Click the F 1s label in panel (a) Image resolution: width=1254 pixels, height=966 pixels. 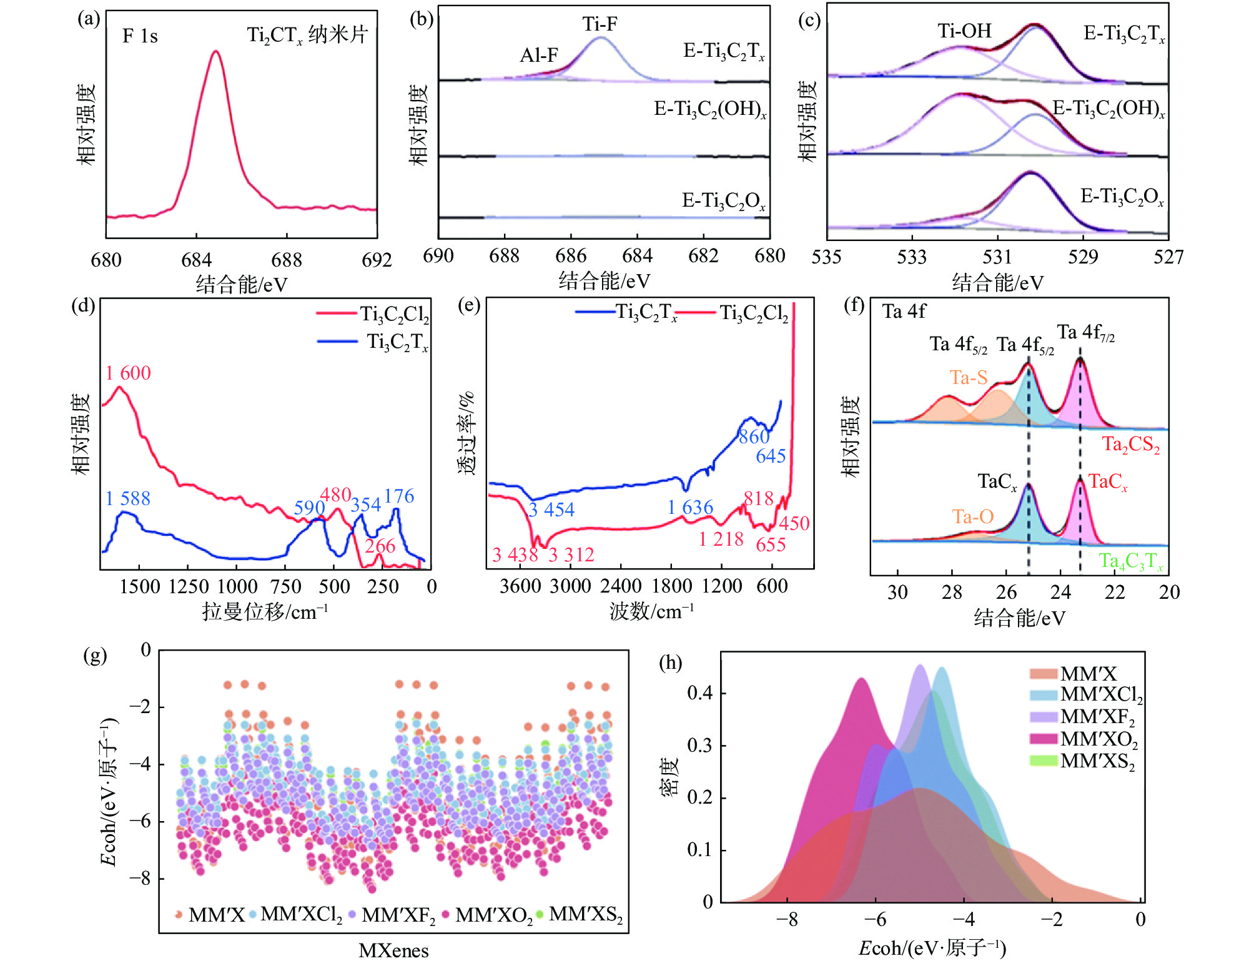[x=140, y=36]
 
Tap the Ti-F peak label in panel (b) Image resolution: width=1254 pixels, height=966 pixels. [x=600, y=24]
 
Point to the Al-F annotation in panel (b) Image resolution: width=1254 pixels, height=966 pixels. [x=539, y=56]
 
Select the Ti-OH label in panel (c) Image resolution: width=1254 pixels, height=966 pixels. [x=964, y=31]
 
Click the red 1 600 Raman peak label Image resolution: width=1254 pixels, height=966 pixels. [x=128, y=373]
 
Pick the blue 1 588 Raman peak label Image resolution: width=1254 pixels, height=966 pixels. [x=127, y=498]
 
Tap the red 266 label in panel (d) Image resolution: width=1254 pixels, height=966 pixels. [x=380, y=546]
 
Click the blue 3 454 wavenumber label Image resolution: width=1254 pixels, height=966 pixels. [x=551, y=510]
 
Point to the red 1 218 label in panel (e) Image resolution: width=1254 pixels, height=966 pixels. [x=721, y=539]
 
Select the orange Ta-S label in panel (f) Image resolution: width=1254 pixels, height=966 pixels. [x=968, y=377]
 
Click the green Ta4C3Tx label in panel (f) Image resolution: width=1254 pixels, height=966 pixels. [x=1130, y=561]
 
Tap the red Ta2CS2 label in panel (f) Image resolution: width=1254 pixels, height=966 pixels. [x=1130, y=444]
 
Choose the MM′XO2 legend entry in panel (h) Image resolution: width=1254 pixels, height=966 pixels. [x=1098, y=739]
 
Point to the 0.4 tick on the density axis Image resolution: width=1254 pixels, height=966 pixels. [x=699, y=692]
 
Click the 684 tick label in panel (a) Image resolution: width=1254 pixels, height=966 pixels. [x=196, y=260]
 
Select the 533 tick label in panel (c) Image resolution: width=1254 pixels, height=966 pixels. [x=912, y=257]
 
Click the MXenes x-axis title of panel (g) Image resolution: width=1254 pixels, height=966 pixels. [x=393, y=950]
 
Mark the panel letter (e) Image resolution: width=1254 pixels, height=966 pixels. [x=469, y=306]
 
